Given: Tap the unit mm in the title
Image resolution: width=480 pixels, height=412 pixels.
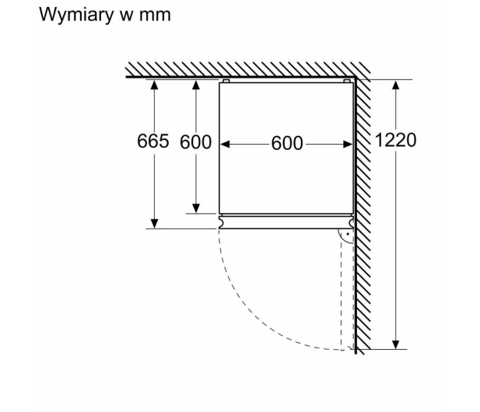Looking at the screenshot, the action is click(x=155, y=16).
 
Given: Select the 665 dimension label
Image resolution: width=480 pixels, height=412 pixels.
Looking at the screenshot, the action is click(x=152, y=141).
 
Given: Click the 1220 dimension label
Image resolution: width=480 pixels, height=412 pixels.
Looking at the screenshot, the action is click(x=395, y=140).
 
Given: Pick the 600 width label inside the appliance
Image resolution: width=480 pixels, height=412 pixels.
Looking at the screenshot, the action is click(x=287, y=143).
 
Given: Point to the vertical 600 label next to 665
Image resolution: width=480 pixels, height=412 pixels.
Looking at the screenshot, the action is click(x=195, y=142).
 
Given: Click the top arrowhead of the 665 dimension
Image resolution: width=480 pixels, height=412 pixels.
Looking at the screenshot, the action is click(x=155, y=85).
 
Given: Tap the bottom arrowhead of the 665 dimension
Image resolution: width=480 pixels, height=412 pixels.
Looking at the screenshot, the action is click(x=155, y=224).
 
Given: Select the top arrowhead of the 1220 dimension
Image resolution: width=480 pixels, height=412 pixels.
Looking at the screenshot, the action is click(x=396, y=85).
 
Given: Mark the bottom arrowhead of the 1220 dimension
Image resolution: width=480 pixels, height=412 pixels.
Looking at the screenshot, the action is click(x=396, y=344).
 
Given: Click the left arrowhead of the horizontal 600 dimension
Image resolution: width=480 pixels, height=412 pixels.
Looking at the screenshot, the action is click(x=225, y=144).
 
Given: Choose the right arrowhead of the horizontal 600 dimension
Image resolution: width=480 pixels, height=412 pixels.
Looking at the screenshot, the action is click(x=348, y=144).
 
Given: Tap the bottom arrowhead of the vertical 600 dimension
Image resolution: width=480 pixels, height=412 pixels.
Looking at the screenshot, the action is click(x=196, y=208).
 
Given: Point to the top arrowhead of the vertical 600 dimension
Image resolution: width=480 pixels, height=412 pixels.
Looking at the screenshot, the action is click(x=196, y=85).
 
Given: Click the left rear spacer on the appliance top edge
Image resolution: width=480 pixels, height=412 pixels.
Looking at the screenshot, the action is click(x=226, y=81).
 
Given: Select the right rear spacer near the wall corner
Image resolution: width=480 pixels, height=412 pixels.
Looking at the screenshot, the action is click(x=347, y=81).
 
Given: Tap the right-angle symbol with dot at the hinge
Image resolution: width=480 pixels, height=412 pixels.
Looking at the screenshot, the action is click(x=345, y=236).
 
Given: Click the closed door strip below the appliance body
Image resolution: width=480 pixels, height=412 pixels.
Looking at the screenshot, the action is click(x=286, y=222).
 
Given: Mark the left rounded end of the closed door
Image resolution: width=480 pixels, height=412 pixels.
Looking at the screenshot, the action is click(x=221, y=222).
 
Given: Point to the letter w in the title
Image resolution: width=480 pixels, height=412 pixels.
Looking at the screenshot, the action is click(x=126, y=16).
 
